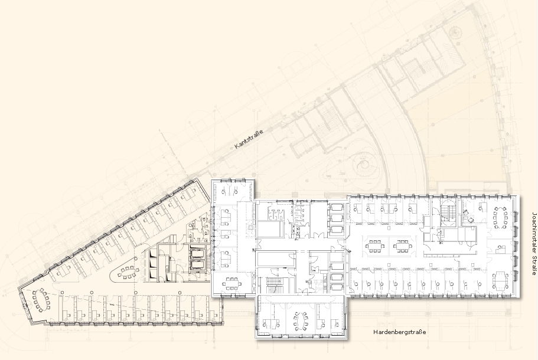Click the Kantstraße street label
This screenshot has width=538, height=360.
point(249,139)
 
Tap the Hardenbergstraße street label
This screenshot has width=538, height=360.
point(399,332)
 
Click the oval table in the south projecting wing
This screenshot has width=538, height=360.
point(301,321)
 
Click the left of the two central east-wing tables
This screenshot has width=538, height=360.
point(374,246)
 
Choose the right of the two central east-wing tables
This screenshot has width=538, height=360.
point(403,246)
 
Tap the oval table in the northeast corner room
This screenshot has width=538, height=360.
point(501,217)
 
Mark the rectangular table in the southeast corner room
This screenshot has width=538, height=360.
point(501,280)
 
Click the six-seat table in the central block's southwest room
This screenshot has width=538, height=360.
point(231,283)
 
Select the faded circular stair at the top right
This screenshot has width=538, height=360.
point(455,32)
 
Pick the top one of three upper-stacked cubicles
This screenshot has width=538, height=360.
point(336,208)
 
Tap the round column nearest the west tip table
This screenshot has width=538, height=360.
point(63,292)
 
